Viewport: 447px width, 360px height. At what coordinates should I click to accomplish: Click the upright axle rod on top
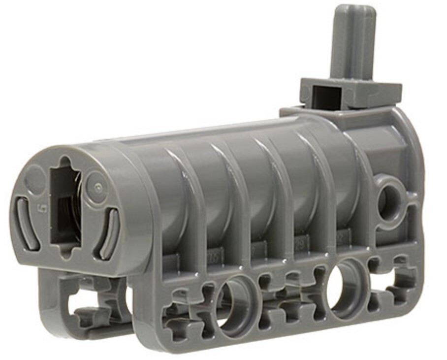352,44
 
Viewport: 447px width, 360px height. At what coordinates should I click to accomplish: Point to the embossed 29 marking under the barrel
298,242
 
